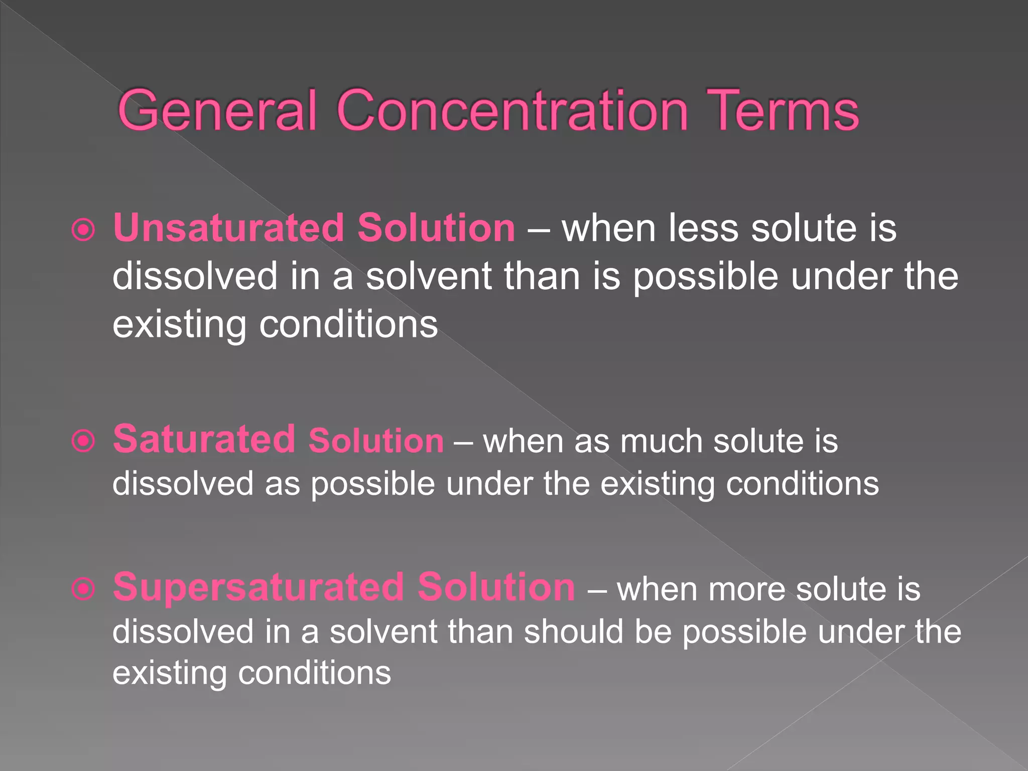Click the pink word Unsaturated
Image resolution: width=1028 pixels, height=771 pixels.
point(228,228)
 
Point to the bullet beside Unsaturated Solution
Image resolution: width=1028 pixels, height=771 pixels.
point(83,230)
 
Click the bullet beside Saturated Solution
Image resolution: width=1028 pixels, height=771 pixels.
point(83,441)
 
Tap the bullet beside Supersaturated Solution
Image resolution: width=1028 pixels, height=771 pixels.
point(83,589)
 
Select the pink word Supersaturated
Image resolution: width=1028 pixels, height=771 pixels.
point(259,587)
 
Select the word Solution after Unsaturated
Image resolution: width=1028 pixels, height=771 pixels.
point(436,228)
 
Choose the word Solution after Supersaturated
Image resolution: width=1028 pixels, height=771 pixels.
point(496,587)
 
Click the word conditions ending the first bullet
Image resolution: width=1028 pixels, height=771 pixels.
point(348,325)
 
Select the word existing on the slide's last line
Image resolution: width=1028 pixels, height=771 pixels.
point(169,674)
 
